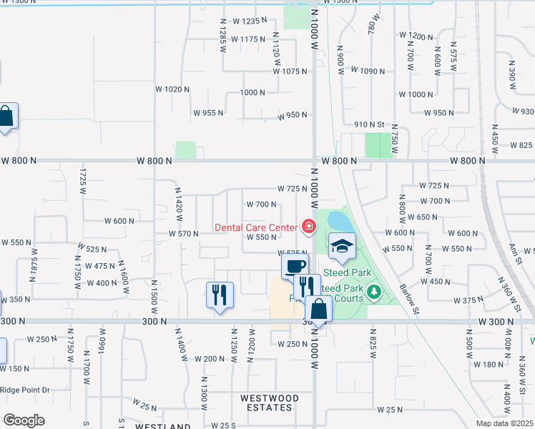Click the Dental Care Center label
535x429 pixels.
point(256,228)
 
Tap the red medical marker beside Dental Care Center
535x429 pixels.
point(308,227)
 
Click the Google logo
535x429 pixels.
point(24,420)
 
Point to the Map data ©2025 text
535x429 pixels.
point(504,423)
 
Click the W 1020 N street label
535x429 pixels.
point(172,89)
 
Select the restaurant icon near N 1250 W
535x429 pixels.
point(220,294)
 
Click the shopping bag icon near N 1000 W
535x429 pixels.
point(318,310)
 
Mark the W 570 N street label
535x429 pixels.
point(183,234)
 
